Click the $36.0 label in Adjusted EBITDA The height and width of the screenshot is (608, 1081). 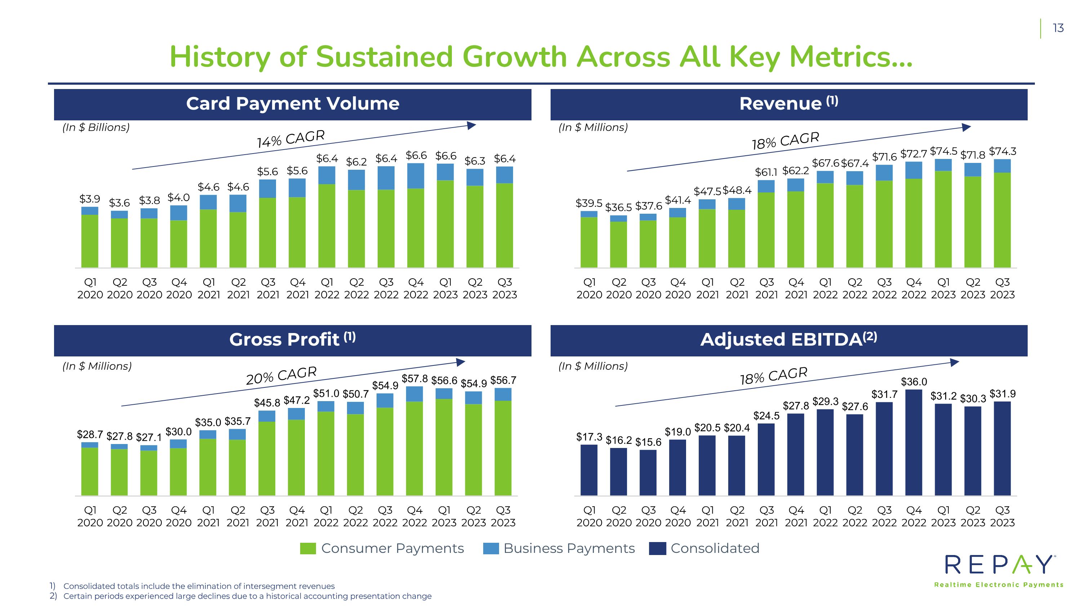(913, 382)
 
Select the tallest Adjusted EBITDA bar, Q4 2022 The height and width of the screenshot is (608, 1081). (913, 443)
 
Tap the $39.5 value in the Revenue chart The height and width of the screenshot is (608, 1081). (589, 203)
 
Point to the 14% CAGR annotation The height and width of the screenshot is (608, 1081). (291, 139)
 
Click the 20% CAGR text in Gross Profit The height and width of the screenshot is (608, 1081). (281, 376)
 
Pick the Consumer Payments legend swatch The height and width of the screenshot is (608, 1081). (308, 549)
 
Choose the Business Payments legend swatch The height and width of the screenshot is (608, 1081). (490, 549)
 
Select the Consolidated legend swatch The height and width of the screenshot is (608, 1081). (657, 549)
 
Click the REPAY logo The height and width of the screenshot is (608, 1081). (999, 571)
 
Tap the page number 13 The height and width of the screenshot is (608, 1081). (1058, 28)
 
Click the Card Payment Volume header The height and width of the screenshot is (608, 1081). (293, 104)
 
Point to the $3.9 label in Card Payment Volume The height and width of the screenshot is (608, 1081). (89, 199)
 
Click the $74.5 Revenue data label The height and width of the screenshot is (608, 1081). (944, 151)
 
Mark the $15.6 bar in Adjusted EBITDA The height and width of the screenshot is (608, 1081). (648, 472)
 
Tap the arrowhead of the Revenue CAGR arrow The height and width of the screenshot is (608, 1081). (967, 127)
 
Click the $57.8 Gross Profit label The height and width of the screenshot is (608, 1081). (415, 379)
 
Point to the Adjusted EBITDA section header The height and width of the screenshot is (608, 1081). (789, 340)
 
